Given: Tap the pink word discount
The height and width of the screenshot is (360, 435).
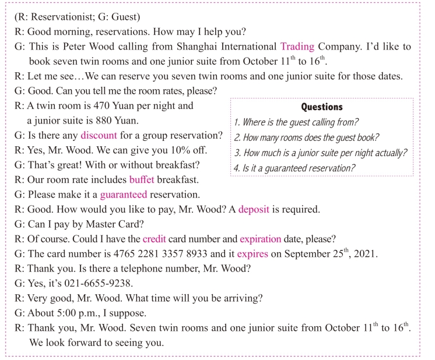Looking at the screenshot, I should click(99, 136).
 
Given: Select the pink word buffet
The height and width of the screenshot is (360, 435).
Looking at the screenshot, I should click(142, 179).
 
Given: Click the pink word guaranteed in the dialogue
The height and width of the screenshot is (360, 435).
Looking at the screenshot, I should click(123, 194).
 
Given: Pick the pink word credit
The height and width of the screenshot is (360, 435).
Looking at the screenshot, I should click(155, 239).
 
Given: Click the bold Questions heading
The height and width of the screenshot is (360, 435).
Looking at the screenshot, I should click(321, 107).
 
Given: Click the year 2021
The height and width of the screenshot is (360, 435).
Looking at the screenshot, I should click(366, 254).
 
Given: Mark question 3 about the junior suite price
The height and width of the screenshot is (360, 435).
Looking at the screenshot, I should click(320, 153).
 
